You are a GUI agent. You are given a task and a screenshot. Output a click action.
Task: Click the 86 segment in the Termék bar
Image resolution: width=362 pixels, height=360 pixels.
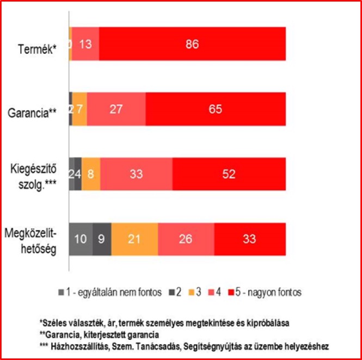click(192, 44)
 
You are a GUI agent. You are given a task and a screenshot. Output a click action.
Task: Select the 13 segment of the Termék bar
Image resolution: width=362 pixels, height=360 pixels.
click(85, 44)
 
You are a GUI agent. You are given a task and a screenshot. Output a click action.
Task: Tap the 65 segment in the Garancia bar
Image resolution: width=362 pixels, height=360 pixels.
click(216, 109)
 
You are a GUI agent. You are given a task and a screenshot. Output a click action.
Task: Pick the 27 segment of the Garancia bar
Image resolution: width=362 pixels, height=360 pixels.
click(116, 109)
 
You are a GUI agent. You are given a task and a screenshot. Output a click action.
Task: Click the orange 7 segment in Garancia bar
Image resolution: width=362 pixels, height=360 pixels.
click(79, 109)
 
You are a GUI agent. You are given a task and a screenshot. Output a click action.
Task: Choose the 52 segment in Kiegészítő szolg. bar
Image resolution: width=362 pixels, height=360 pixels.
click(229, 174)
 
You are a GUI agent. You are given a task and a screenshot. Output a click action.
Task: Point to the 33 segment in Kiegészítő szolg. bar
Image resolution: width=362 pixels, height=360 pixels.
click(136, 174)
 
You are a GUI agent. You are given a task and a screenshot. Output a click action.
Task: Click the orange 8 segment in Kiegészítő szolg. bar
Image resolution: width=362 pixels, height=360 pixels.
click(91, 174)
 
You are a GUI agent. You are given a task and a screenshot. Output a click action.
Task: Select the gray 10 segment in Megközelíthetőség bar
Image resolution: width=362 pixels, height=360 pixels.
click(81, 239)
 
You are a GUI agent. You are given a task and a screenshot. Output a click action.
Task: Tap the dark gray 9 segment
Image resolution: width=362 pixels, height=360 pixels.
click(102, 239)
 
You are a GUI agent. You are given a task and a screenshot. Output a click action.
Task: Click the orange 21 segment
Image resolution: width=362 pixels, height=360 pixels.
click(134, 239)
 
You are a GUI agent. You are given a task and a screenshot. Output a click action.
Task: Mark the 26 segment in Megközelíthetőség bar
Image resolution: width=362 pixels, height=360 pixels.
click(186, 239)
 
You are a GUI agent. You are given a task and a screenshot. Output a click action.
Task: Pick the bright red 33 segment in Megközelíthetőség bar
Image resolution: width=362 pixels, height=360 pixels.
click(250, 239)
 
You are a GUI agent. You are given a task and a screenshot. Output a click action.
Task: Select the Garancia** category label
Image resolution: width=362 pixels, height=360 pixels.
click(33, 114)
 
